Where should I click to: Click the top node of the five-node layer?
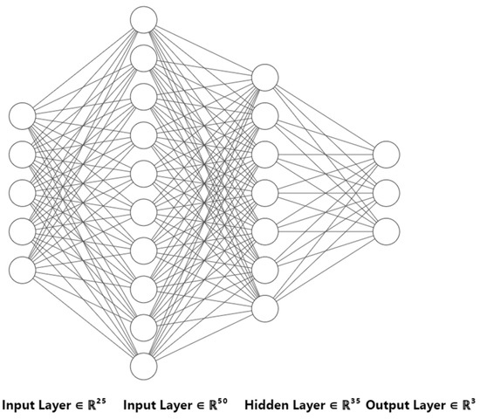coord(23,114)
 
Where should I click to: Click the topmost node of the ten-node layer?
coord(143,17)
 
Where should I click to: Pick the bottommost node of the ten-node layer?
coord(143,364)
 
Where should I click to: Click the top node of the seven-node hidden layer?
coord(264,77)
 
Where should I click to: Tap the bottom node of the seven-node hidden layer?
coord(264,307)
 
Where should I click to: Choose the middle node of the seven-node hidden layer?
coord(264,192)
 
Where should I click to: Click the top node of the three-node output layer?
coord(386,154)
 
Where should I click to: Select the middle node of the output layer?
coord(386,192)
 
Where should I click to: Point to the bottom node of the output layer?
coord(386,230)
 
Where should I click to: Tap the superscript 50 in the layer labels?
coord(223,401)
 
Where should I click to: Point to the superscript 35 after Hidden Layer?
coord(355,401)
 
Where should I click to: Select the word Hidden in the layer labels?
coord(267,406)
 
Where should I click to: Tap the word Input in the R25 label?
coord(17,406)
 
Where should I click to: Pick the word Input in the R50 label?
coord(140,406)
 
